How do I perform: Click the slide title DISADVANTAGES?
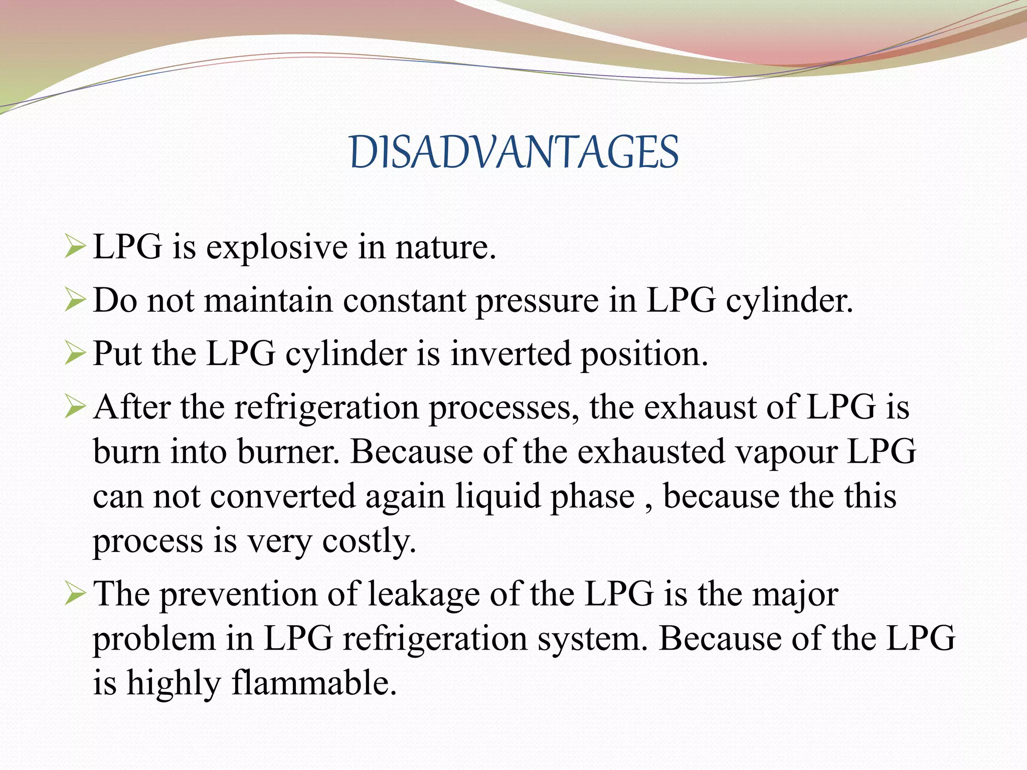click(513, 152)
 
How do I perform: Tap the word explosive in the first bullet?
click(277, 247)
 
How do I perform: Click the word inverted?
click(510, 354)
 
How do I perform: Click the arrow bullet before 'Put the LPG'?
click(76, 354)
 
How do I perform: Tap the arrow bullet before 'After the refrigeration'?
click(76, 407)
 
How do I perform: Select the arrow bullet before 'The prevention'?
click(76, 595)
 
